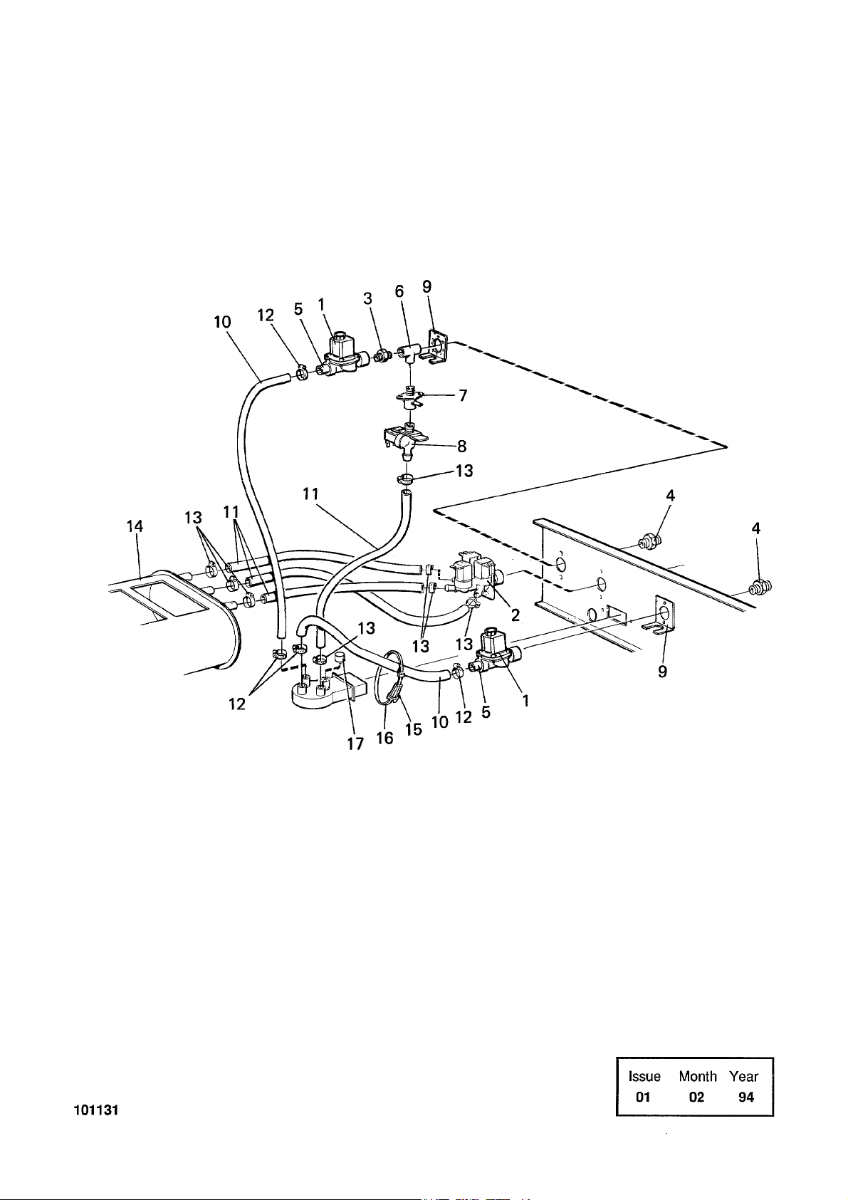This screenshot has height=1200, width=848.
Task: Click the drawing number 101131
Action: [95, 1110]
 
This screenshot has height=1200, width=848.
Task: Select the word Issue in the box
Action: [644, 1076]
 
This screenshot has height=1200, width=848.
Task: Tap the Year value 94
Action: [745, 1097]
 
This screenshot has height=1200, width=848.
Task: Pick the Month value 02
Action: [696, 1097]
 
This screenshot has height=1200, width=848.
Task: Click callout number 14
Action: [135, 526]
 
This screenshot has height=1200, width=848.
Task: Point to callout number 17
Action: [355, 744]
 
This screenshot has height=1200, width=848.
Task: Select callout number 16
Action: [384, 739]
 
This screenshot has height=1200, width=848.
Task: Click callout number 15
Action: [414, 730]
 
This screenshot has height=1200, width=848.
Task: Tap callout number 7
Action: [462, 395]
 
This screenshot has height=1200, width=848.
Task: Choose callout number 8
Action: [461, 447]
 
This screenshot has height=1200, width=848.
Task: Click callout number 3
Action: [367, 299]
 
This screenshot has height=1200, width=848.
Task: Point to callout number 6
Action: [399, 291]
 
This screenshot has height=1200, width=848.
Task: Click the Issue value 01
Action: [644, 1097]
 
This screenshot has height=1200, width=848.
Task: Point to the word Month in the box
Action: [697, 1076]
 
